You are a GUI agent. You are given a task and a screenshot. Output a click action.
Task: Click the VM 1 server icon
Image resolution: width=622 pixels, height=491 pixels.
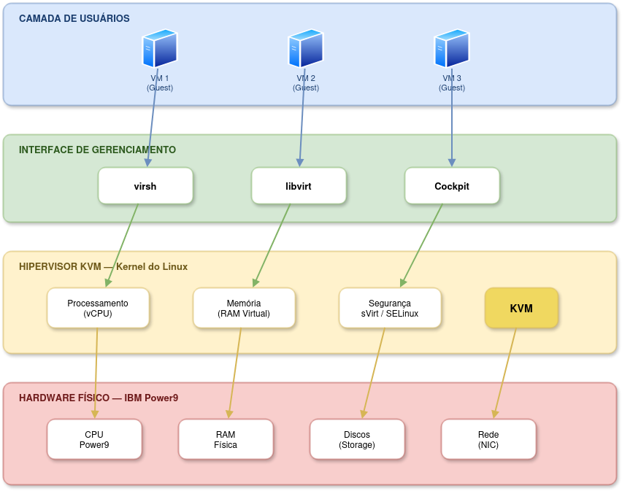point(159,49)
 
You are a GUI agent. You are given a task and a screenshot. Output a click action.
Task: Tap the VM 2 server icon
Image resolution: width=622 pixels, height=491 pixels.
point(305,49)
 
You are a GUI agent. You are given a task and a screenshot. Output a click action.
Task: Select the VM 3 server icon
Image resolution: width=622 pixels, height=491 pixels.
point(451,49)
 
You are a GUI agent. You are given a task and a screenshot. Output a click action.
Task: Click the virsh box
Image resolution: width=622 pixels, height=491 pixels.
point(145,186)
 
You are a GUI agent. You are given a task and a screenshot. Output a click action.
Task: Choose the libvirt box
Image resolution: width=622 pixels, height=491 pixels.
point(299,186)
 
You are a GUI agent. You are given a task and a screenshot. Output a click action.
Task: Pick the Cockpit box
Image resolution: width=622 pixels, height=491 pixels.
point(452,186)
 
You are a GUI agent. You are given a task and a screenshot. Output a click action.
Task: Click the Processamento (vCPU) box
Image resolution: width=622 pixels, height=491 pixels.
point(98,308)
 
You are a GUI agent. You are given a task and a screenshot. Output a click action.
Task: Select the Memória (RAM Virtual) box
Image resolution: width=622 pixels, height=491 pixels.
point(244,308)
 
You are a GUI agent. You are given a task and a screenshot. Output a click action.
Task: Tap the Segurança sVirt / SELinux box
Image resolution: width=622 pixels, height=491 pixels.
point(390,308)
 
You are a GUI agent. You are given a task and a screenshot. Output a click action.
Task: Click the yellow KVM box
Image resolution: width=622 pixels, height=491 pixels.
point(521,308)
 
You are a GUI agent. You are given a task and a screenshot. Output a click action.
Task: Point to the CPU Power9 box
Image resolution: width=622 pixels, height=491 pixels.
point(94,439)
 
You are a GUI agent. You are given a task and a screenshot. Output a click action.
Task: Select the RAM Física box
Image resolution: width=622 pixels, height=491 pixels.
point(226,439)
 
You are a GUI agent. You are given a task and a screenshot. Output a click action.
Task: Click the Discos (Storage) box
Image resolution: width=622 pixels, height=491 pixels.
point(357,439)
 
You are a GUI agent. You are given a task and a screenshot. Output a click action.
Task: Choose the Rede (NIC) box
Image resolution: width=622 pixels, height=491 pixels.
point(488,439)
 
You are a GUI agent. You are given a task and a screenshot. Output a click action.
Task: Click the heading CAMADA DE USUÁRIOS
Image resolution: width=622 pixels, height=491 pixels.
point(74,18)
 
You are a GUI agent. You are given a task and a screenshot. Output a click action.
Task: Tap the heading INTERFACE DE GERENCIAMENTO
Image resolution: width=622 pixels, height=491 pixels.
point(97,150)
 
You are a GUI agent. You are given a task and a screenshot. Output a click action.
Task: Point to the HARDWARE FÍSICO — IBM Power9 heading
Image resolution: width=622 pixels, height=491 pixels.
point(99,398)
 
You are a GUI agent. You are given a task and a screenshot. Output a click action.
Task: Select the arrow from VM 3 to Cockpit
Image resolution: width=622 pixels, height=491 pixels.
point(452,124)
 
